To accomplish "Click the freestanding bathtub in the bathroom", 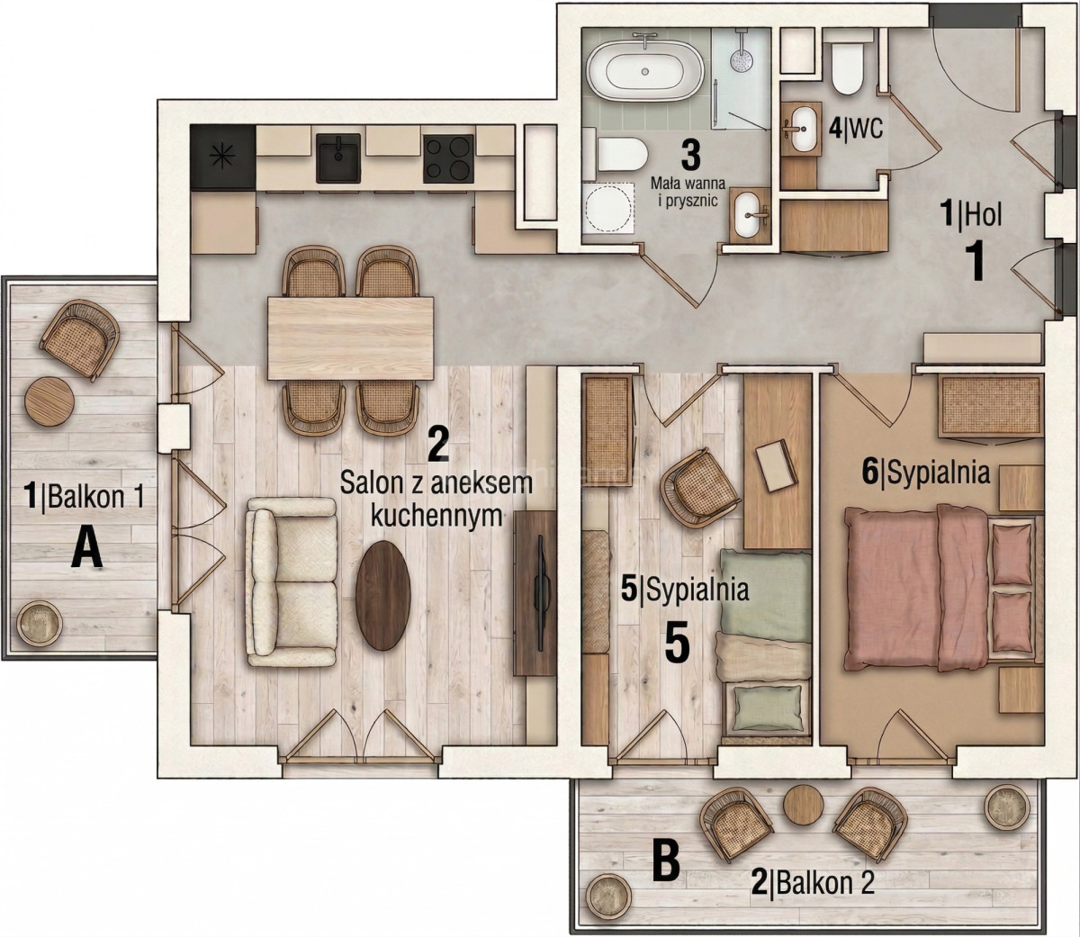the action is click(646, 72).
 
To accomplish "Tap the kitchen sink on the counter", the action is click(338, 158).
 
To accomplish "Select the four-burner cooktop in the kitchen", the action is click(449, 158).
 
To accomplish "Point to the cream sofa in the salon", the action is click(292, 582).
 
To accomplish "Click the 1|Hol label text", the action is click(972, 215).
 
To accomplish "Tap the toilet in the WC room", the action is click(848, 69).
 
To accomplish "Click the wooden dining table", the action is click(350, 338).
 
